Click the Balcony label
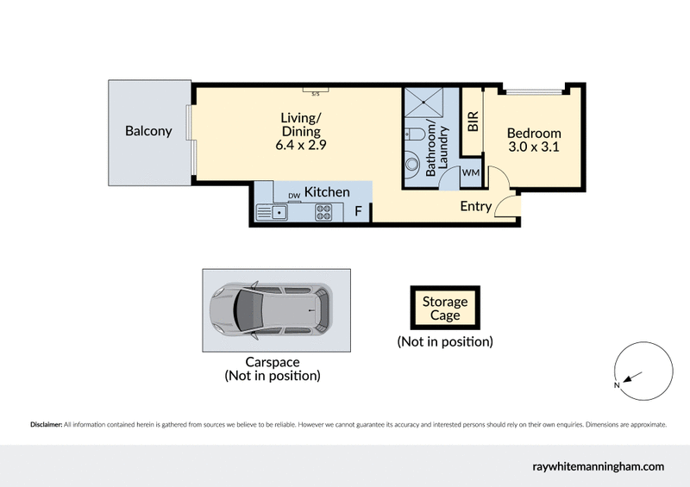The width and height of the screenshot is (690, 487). pyautogui.click(x=148, y=132)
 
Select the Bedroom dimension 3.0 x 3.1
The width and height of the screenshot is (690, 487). pyautogui.click(x=533, y=147)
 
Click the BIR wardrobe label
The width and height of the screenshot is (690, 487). pyautogui.click(x=472, y=121)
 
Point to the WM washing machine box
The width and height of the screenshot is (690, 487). pyautogui.click(x=471, y=173)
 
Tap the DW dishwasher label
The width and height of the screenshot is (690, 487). pyautogui.click(x=294, y=196)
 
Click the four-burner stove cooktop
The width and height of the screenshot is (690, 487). pyautogui.click(x=324, y=210)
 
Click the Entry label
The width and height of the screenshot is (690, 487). pyautogui.click(x=475, y=206)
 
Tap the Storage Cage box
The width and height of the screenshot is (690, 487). pyautogui.click(x=445, y=309)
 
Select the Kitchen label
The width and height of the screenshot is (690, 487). pyautogui.click(x=327, y=192)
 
